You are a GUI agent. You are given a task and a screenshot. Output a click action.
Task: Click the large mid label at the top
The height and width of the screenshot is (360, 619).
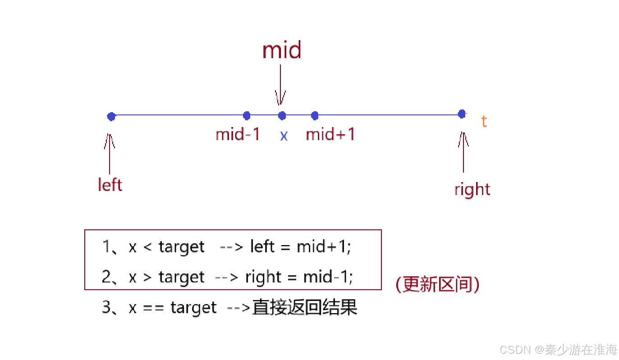282,50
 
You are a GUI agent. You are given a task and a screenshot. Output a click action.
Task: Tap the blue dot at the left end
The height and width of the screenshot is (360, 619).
111,117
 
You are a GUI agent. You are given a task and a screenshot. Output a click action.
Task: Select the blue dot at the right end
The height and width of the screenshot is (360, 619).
462,114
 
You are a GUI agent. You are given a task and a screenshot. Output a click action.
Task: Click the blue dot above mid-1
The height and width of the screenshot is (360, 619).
247,116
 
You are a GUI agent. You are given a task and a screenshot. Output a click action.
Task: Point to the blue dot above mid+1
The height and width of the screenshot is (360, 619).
315,116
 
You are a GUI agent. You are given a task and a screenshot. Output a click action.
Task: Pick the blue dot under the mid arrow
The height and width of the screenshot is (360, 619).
282,116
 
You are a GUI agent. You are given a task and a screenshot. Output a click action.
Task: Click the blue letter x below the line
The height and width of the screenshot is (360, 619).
284,136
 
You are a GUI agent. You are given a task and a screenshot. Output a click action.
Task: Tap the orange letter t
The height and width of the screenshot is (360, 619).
484,121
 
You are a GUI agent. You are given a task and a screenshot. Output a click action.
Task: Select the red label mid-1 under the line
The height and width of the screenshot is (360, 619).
238,134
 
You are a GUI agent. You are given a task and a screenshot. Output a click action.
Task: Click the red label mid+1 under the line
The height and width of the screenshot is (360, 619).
330,134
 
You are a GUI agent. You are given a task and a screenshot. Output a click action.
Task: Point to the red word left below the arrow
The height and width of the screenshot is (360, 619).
110,185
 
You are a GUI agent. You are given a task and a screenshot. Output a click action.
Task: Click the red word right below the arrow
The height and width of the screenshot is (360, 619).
472,189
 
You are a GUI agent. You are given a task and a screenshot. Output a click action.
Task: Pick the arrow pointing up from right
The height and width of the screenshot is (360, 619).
463,151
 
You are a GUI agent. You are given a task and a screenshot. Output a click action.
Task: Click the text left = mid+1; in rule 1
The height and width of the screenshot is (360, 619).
300,246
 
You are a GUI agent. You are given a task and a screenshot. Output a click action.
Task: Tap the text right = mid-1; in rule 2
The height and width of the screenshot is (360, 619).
299,277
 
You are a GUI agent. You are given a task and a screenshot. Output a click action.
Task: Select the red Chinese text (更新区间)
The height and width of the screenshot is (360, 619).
437,284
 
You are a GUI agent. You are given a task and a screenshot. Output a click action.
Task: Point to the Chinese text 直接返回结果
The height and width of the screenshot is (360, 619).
305,307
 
